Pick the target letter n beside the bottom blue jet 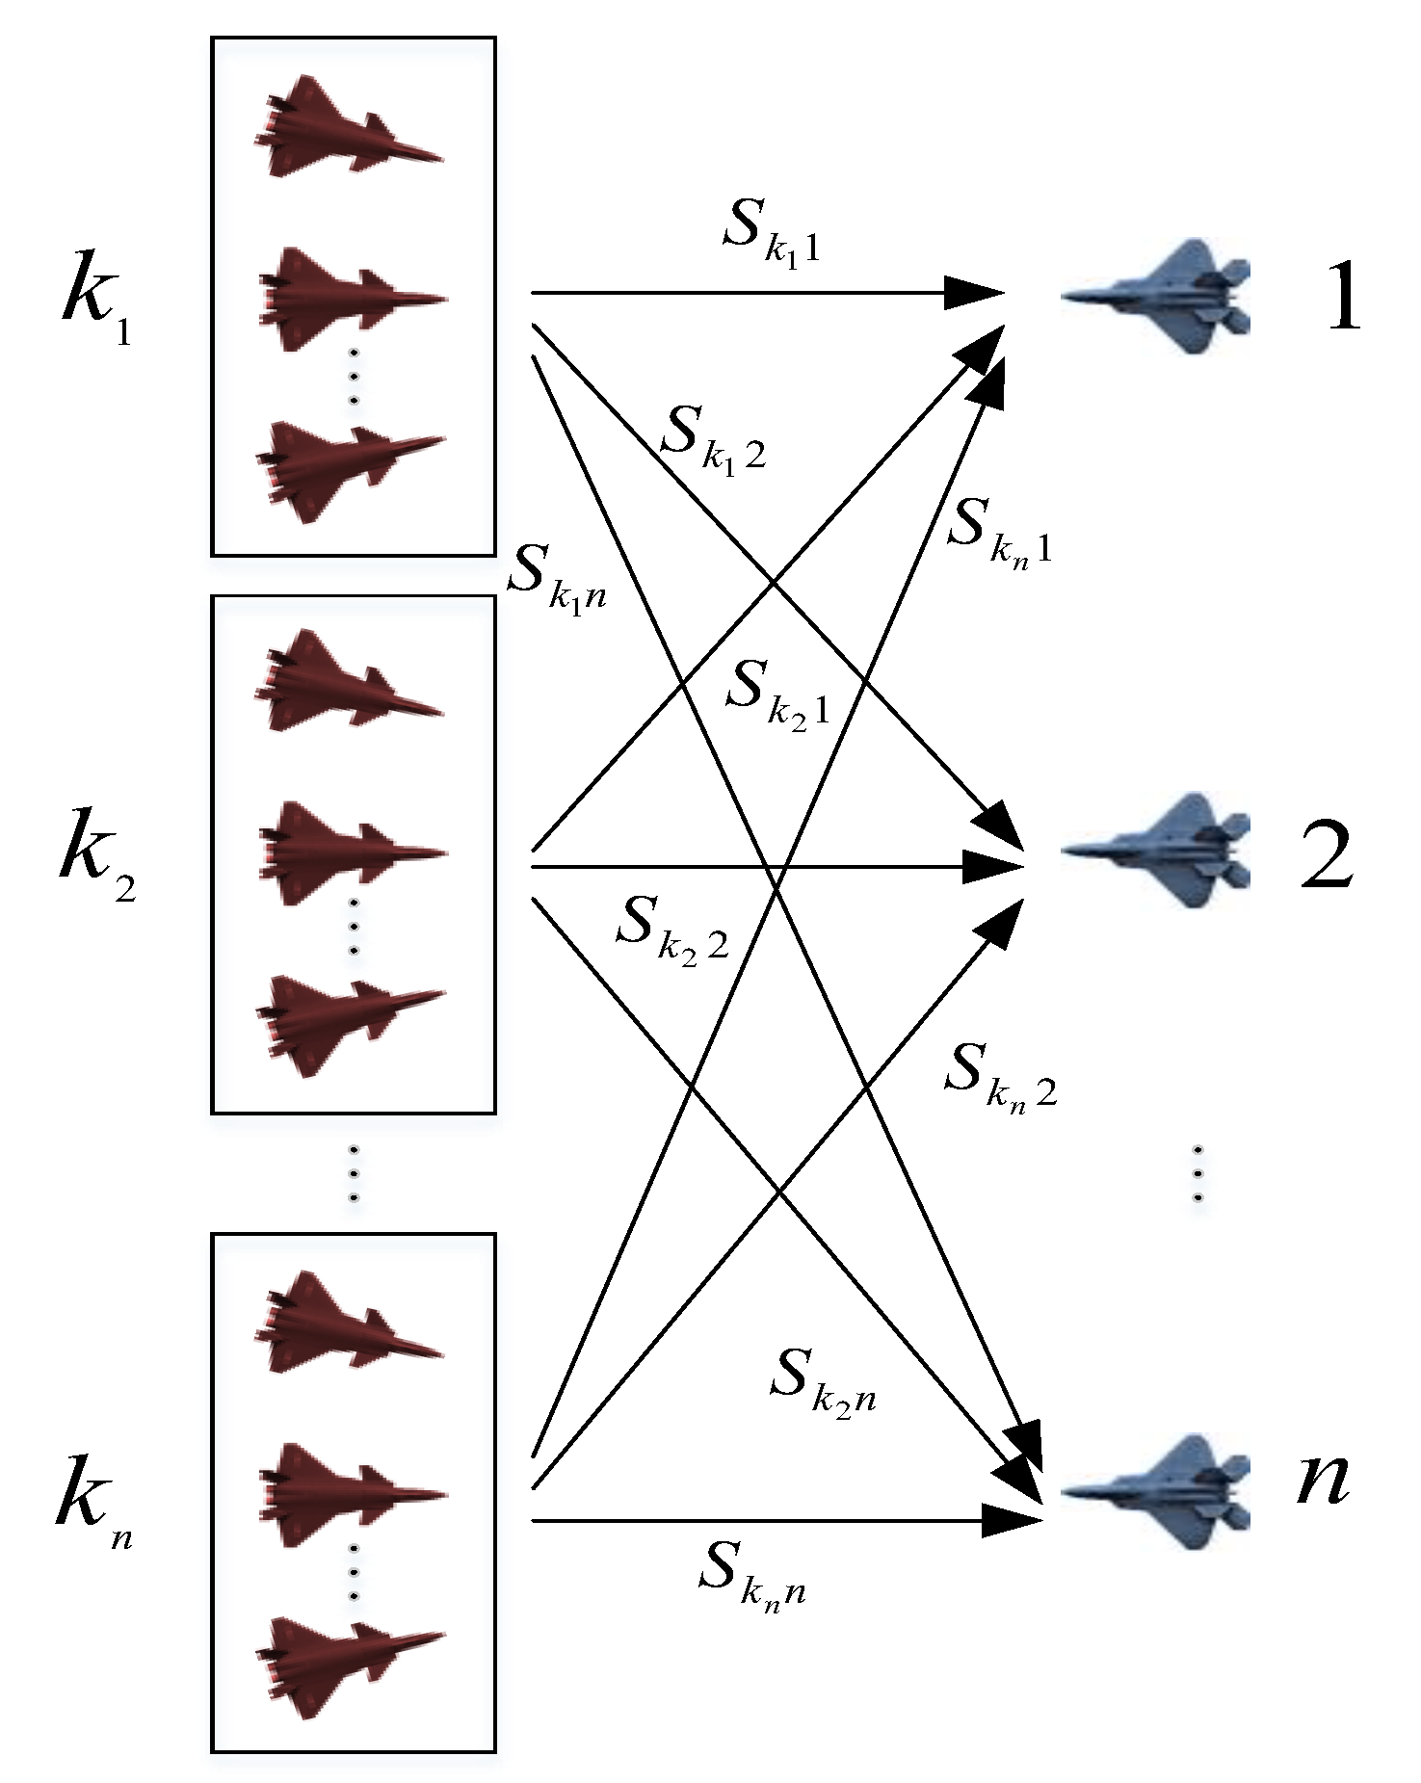coord(1322,1479)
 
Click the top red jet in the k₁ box coord(349,126)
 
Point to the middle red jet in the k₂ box coord(352,853)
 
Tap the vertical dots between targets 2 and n coord(1197,1172)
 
